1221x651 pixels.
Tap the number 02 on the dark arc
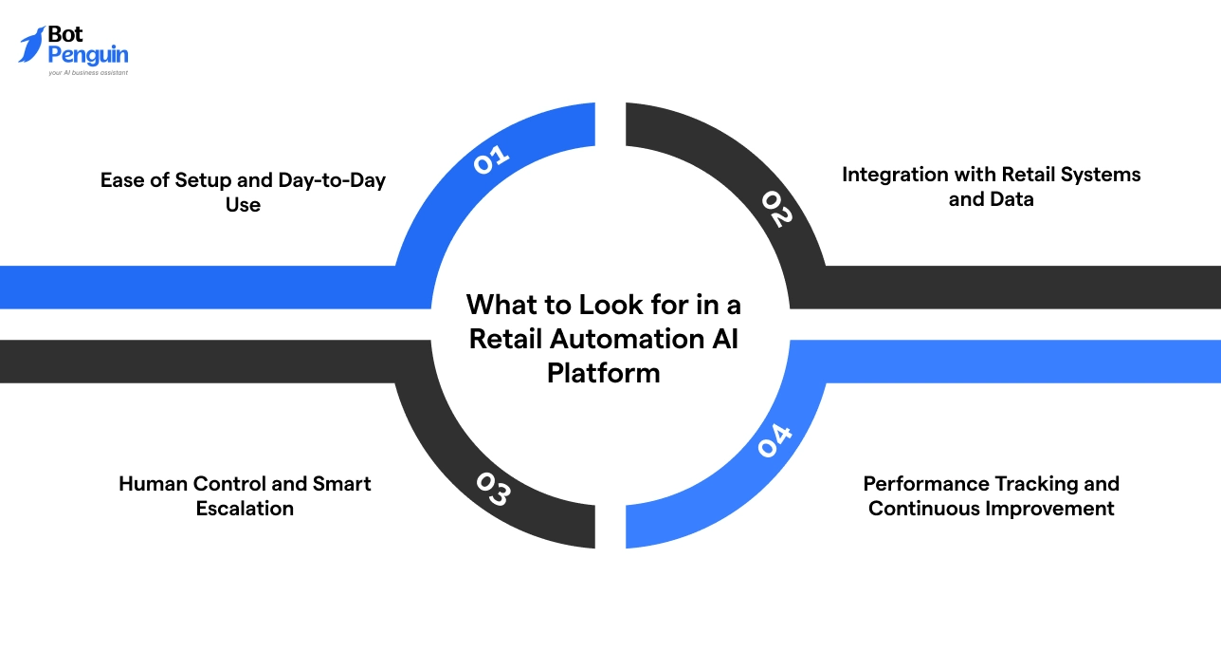point(775,209)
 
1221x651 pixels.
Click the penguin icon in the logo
point(31,45)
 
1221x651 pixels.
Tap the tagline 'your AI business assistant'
point(88,72)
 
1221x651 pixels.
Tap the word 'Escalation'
point(245,508)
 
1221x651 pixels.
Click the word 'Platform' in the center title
point(603,372)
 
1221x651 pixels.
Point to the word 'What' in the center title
point(499,305)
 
